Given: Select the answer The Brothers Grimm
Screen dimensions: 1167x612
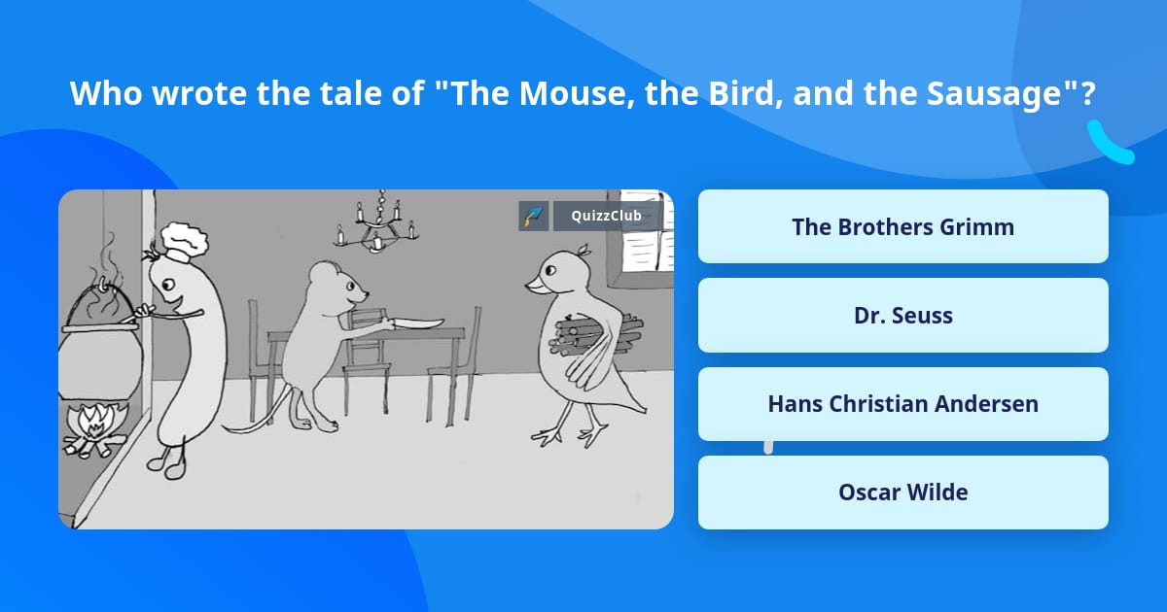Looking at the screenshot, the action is (x=902, y=226).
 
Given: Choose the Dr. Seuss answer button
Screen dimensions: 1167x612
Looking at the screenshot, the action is (x=902, y=316).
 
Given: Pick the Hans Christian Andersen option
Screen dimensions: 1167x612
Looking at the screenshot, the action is (x=902, y=404).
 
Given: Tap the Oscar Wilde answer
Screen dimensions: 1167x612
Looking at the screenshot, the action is (x=902, y=493).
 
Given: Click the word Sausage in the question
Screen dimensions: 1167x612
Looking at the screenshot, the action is (x=995, y=93).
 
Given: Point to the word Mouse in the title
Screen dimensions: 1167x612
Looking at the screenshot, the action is (x=572, y=93).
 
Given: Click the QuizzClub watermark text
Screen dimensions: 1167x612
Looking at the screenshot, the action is (x=606, y=216).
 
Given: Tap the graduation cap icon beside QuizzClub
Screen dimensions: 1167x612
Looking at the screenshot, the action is (x=534, y=216).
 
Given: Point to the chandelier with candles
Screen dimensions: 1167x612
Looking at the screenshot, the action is (x=377, y=223).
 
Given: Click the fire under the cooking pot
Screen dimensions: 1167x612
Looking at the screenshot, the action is (x=95, y=427).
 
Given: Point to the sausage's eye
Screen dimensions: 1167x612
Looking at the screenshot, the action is (x=167, y=285).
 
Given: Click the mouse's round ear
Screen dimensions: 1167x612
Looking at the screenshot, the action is (x=323, y=274).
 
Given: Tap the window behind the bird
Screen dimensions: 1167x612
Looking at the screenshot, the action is (x=641, y=239).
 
